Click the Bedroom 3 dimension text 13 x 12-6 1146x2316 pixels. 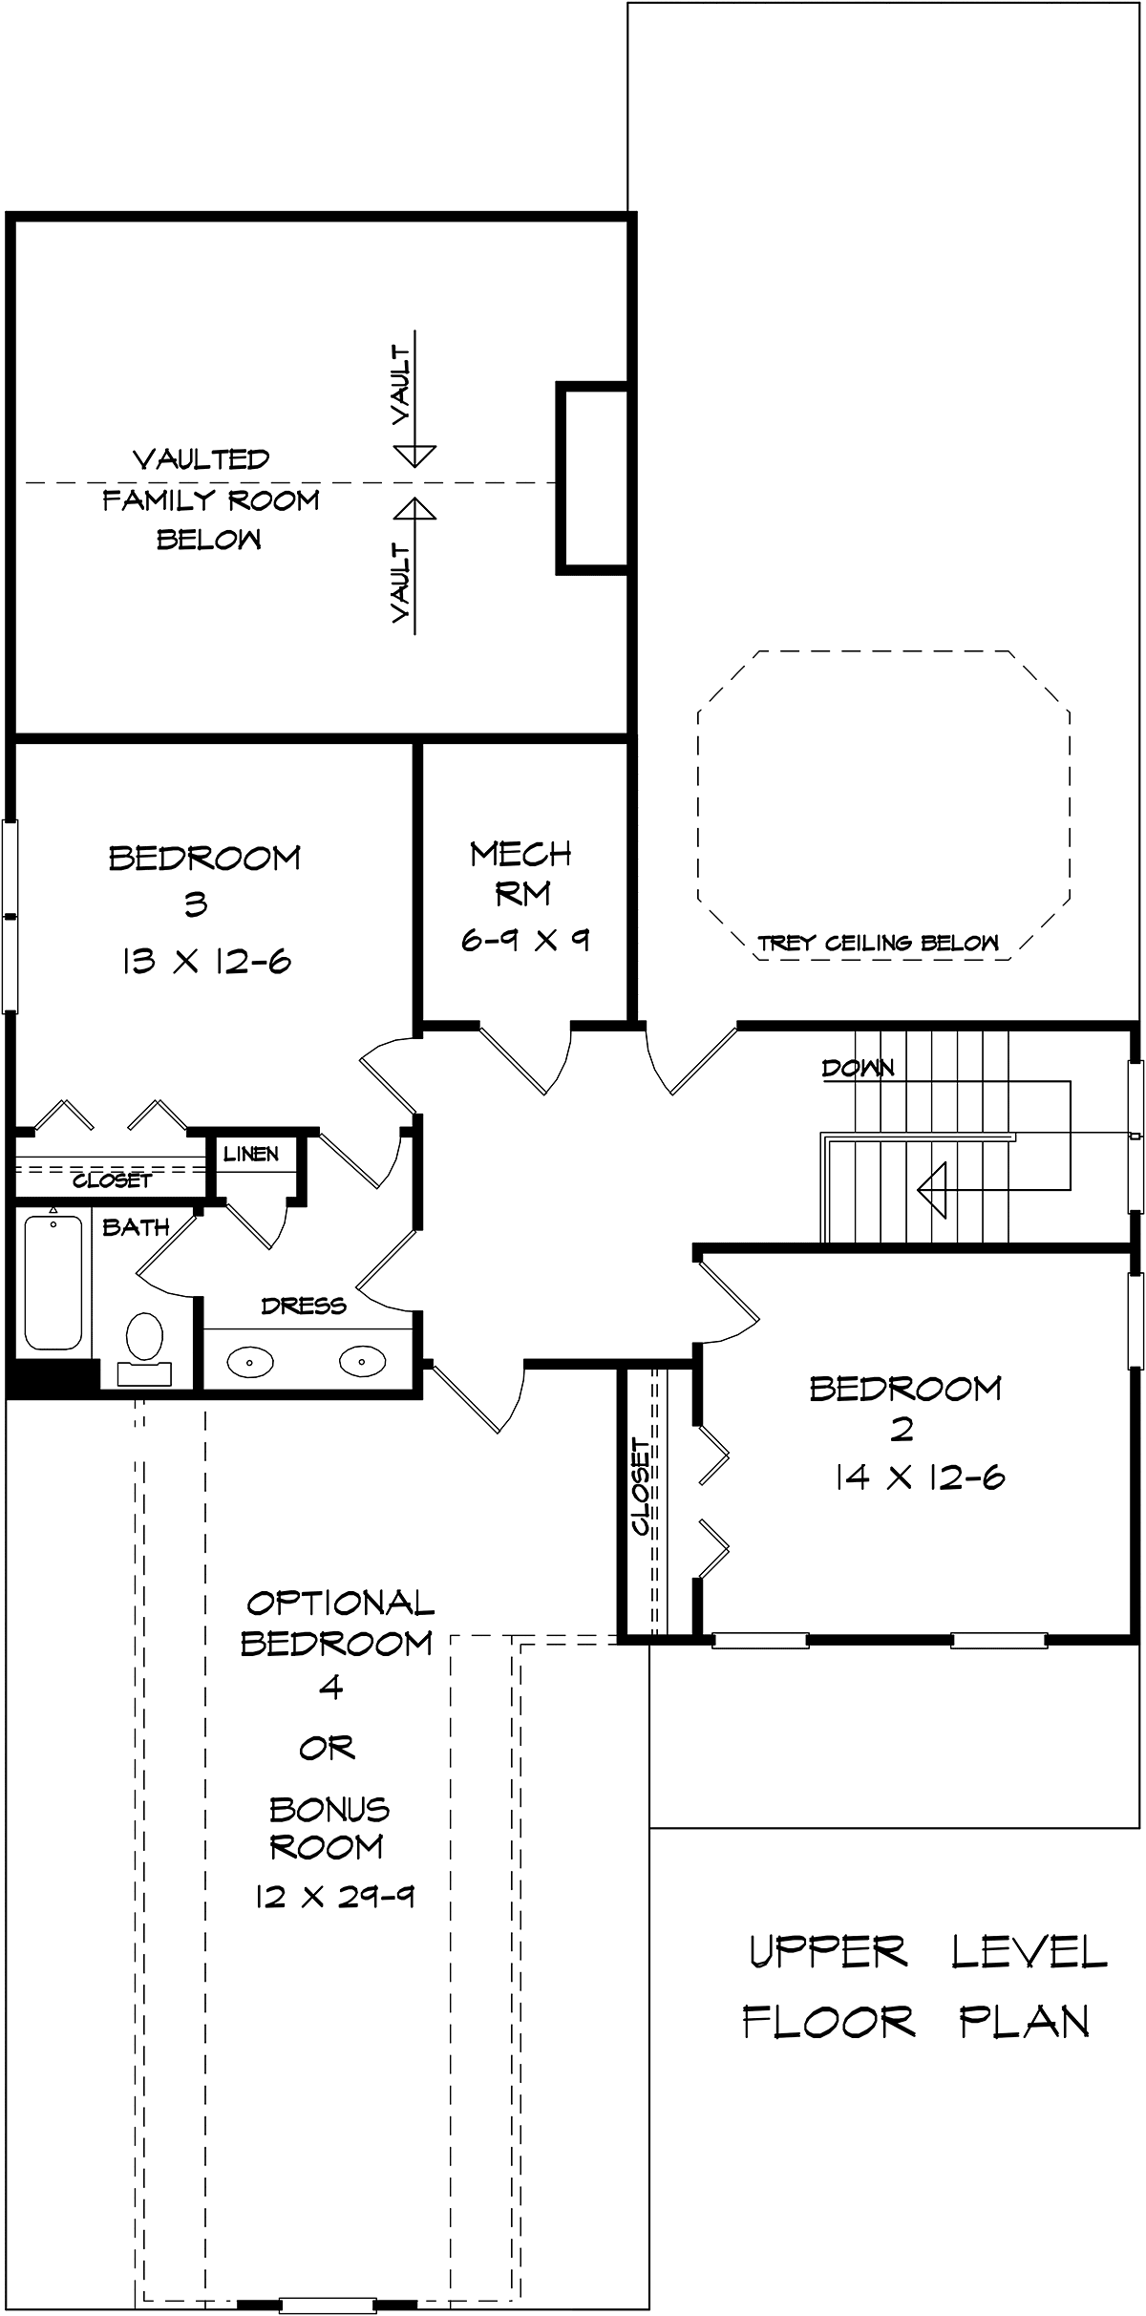(205, 961)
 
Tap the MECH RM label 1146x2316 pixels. (521, 873)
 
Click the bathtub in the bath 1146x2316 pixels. (53, 1279)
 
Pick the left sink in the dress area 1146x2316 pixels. (250, 1360)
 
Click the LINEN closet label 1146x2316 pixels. (251, 1154)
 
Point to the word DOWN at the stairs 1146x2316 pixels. (858, 1068)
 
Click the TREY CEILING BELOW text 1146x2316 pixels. (878, 944)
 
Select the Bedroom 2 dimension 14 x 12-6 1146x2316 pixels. (919, 1477)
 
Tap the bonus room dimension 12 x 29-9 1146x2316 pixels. (334, 1896)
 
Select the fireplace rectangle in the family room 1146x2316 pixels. (592, 478)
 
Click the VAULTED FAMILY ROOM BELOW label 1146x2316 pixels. (210, 499)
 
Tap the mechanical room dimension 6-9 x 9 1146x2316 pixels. (524, 940)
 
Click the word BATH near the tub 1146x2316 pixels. (136, 1227)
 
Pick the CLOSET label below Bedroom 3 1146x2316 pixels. (112, 1180)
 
